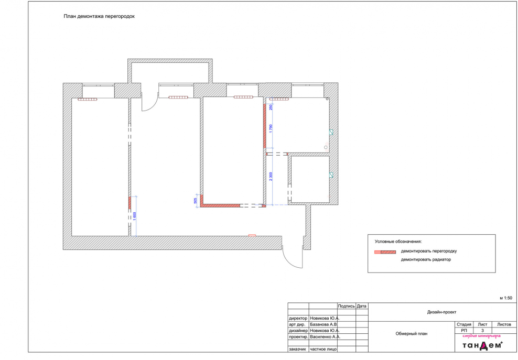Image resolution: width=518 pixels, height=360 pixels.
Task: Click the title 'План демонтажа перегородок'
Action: tap(99, 16)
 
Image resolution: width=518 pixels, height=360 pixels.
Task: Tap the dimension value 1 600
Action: tap(134, 216)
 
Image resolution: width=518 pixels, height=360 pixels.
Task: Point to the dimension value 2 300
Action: tap(271, 177)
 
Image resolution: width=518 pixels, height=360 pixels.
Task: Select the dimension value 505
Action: tap(196, 201)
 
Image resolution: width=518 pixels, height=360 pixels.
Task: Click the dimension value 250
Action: tap(271, 107)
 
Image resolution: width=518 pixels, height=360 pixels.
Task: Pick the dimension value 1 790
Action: tap(271, 128)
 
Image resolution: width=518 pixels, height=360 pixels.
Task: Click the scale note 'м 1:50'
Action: tap(506, 298)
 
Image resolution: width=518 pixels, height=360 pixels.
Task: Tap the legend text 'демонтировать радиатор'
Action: tap(426, 259)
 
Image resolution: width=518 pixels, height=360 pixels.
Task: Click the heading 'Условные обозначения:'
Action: tap(398, 242)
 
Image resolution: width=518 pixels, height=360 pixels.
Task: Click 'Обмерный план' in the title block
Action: tap(411, 334)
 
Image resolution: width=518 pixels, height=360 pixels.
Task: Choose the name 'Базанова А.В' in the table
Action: tap(323, 324)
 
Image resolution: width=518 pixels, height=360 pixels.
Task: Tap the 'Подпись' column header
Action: tap(346, 306)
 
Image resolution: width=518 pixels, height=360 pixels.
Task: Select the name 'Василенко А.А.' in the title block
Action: tap(325, 337)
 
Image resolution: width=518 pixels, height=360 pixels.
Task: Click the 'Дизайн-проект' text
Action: tap(441, 312)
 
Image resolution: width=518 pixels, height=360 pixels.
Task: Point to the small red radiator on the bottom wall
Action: tap(252, 235)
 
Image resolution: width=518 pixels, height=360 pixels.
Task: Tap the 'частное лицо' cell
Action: tap(323, 349)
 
